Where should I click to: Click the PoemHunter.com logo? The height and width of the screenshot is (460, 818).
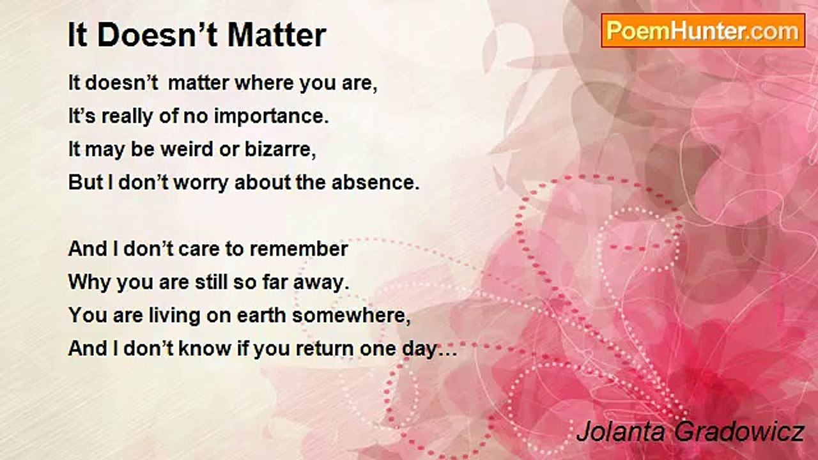coord(703,31)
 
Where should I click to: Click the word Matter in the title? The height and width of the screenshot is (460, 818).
coord(277,35)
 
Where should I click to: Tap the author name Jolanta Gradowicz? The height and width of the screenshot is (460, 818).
coord(691,432)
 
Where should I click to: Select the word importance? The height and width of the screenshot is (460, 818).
coord(272,116)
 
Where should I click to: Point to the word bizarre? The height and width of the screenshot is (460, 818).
coord(280,149)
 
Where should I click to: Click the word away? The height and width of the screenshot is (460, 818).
coord(321,282)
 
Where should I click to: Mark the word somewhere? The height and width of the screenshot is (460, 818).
coord(351,316)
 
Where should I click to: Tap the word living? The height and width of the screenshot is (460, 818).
coord(174,316)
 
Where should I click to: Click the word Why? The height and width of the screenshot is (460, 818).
coord(89,282)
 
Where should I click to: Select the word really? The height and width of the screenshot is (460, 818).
coord(127,117)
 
